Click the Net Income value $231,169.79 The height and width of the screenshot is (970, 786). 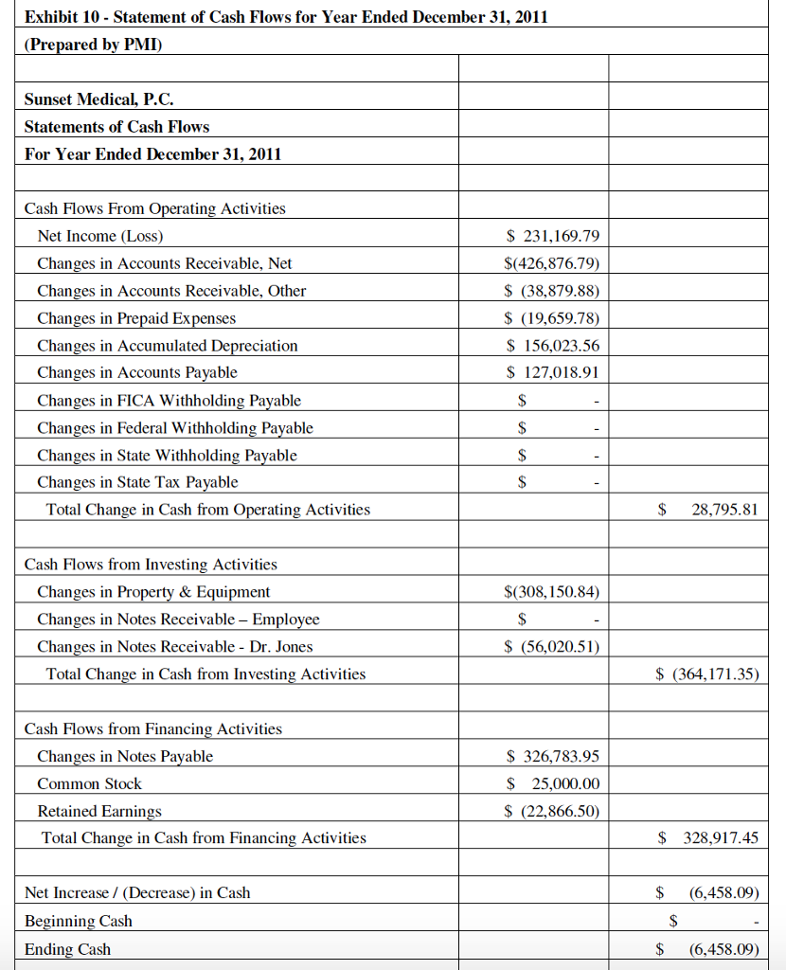click(x=553, y=236)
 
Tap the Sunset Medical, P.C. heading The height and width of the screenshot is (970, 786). click(x=98, y=99)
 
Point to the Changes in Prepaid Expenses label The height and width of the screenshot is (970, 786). click(x=136, y=318)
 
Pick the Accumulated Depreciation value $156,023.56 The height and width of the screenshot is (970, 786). click(x=553, y=346)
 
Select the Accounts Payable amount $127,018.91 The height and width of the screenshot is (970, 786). click(x=553, y=373)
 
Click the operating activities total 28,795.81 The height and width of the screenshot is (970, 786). click(x=723, y=510)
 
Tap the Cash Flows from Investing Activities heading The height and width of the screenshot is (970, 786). click(x=151, y=565)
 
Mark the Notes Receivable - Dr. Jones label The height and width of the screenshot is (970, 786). click(x=174, y=647)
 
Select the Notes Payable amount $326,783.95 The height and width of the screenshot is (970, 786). click(x=553, y=757)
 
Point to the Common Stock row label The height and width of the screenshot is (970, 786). click(x=89, y=784)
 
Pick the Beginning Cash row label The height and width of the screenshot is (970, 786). click(x=78, y=921)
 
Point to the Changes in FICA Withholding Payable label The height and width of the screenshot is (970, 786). click(x=169, y=401)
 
